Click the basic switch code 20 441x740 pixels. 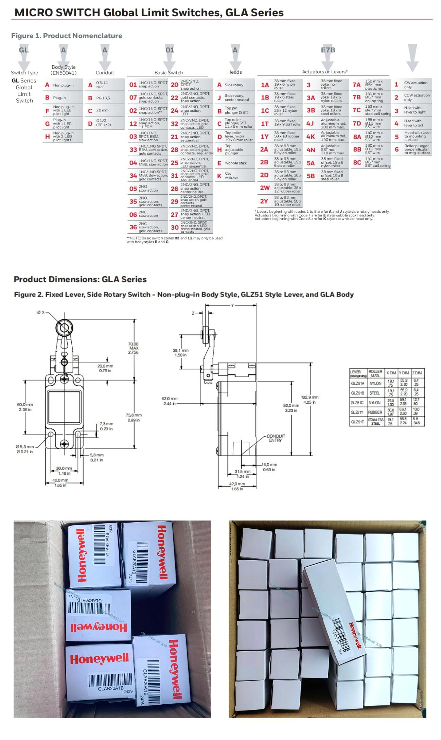click(174, 85)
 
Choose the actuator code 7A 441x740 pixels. click(356, 85)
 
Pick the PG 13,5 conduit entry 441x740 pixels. click(103, 98)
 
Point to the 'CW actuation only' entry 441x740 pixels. click(415, 85)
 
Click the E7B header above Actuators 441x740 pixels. click(328, 50)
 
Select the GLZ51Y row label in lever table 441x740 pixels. click(357, 412)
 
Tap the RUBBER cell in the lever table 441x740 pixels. click(375, 412)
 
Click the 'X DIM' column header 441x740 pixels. click(391, 373)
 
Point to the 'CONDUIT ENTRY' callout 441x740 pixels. click(276, 438)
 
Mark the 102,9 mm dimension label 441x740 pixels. click(310, 400)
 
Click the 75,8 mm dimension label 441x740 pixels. click(134, 418)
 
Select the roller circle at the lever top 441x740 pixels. click(64, 328)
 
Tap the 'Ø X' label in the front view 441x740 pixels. click(41, 312)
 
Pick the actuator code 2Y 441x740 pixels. click(264, 201)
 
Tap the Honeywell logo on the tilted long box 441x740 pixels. click(355, 635)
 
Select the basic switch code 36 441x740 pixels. click(133, 227)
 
